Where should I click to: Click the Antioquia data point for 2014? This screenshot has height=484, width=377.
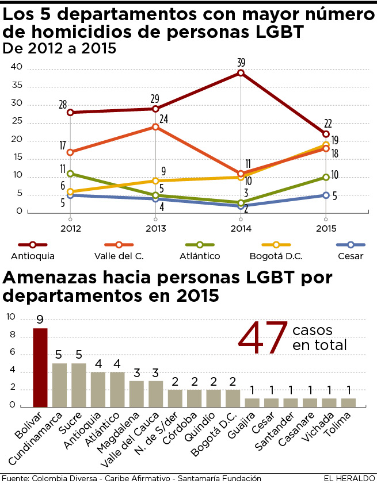pos(241,73)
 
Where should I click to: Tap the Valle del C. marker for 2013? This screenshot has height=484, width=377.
pos(155,126)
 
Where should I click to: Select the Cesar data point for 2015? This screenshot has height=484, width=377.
pos(326,195)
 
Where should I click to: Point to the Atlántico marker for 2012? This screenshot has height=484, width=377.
pos(70,174)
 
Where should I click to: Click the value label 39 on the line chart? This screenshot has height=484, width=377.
pos(241,62)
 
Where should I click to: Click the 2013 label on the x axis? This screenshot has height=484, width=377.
pos(155,228)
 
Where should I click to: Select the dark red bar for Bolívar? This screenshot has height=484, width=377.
pos(40,367)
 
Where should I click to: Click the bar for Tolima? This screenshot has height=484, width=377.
pos(348,402)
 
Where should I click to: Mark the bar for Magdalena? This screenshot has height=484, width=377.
pos(136,393)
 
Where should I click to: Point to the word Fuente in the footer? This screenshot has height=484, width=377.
pos(14,478)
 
